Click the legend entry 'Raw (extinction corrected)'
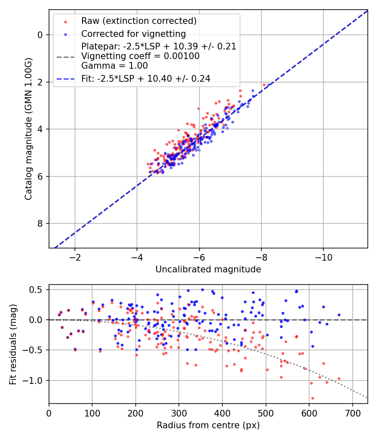pos(139,21)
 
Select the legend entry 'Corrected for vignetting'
pos(134,34)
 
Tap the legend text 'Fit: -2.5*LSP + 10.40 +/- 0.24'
pos(146,78)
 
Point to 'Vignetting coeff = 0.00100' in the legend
pos(140,56)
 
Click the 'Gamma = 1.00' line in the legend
pos(114,66)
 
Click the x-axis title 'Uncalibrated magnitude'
pos(208,269)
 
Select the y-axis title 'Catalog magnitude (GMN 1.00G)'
pos(28,129)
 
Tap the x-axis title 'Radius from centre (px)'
pos(208,425)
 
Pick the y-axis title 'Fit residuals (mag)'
pos(13,344)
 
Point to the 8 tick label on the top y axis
pos(41,223)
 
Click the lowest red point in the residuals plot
pos(312,398)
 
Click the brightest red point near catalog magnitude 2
pos(264,85)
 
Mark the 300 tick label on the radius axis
pos(179,413)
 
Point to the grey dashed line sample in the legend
pos(66,56)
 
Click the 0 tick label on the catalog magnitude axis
pos(41,35)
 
